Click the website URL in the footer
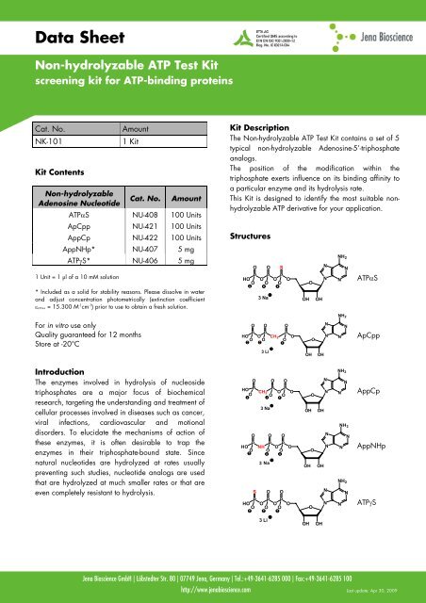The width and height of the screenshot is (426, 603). (x=212, y=586)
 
